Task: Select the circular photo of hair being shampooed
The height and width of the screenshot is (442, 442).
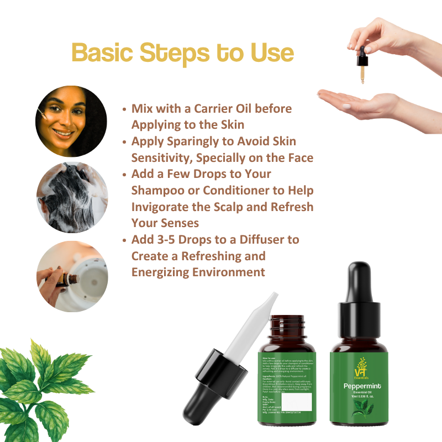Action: (x=72, y=198)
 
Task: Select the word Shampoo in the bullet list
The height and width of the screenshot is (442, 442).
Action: (x=158, y=190)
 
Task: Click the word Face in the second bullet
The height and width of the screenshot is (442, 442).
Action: (x=299, y=157)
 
